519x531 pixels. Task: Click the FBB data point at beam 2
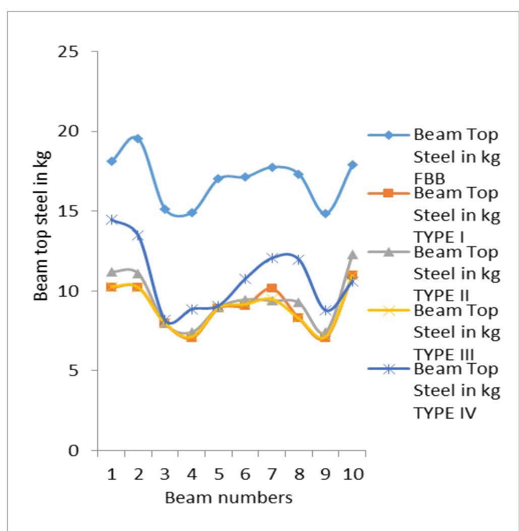[138, 139]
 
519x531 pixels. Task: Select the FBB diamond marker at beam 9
[325, 213]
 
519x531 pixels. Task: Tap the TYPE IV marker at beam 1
[111, 220]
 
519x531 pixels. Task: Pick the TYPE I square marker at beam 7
[272, 288]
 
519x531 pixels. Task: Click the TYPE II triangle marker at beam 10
[353, 255]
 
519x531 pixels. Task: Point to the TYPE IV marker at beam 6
[245, 279]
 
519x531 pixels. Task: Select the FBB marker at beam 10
[353, 165]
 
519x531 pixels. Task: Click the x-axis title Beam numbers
[229, 498]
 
